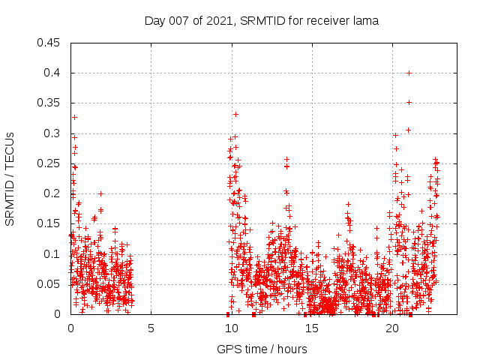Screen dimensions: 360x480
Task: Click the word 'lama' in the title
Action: pyautogui.click(x=366, y=20)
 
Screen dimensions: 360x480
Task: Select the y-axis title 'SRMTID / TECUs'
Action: pyautogui.click(x=10, y=179)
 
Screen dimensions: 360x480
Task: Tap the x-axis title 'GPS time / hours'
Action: pyautogui.click(x=262, y=349)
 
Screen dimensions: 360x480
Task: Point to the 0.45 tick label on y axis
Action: pyautogui.click(x=49, y=43)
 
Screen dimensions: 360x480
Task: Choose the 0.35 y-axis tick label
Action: pyautogui.click(x=49, y=103)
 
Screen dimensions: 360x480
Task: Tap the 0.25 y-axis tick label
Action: pyautogui.click(x=49, y=163)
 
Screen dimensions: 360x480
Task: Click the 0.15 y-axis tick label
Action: pyautogui.click(x=49, y=223)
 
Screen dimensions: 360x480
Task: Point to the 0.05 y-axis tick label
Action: pyautogui.click(x=49, y=284)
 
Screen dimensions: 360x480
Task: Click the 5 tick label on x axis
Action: pyautogui.click(x=151, y=328)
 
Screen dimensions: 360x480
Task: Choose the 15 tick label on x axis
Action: pyautogui.click(x=312, y=328)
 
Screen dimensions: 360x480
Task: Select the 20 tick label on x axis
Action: pyautogui.click(x=392, y=328)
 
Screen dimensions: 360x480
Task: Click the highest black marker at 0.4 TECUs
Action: pyautogui.click(x=409, y=73)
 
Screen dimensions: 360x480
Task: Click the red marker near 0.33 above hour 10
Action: pyautogui.click(x=235, y=114)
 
